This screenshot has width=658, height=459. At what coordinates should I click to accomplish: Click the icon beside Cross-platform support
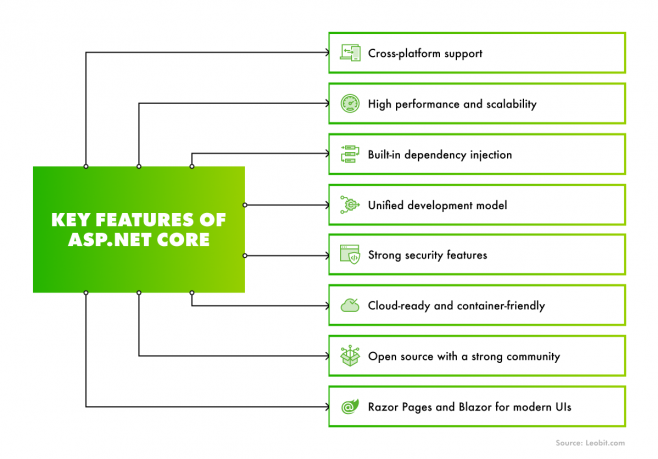(350, 53)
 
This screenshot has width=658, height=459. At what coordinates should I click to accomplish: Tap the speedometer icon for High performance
(350, 104)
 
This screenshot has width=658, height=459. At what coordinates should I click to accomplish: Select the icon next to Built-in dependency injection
(350, 154)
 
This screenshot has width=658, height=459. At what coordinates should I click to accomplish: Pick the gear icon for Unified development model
(350, 205)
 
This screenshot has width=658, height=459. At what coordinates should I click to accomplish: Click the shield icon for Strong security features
(350, 254)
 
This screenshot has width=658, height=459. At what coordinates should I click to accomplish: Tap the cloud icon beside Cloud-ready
(350, 305)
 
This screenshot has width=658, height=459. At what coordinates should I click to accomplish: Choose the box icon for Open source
(350, 356)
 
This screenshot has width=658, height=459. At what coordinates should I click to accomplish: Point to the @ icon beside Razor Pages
(350, 406)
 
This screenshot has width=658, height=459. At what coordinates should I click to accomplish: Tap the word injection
(491, 155)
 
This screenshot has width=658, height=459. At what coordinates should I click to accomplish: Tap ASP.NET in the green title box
(108, 240)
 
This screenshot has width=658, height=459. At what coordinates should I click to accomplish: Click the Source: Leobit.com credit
(590, 443)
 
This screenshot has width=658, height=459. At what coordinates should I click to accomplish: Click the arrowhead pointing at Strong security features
(328, 255)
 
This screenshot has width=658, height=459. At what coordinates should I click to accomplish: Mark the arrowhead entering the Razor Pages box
(328, 406)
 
